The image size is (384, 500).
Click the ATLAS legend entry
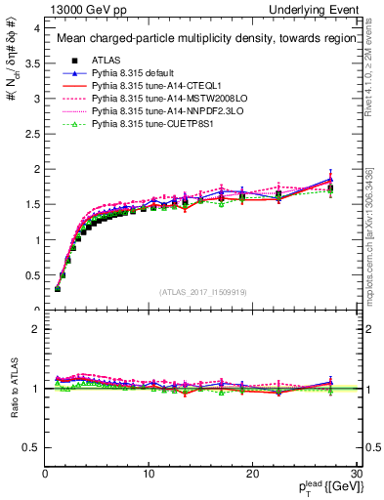pyautogui.click(x=108, y=61)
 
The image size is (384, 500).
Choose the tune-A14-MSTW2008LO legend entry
pyautogui.click(x=151, y=99)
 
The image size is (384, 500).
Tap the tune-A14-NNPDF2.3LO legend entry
pyautogui.click(x=149, y=111)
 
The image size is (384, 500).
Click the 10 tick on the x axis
pyautogui.click(x=149, y=474)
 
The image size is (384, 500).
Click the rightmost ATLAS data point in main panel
pyautogui.click(x=330, y=188)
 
